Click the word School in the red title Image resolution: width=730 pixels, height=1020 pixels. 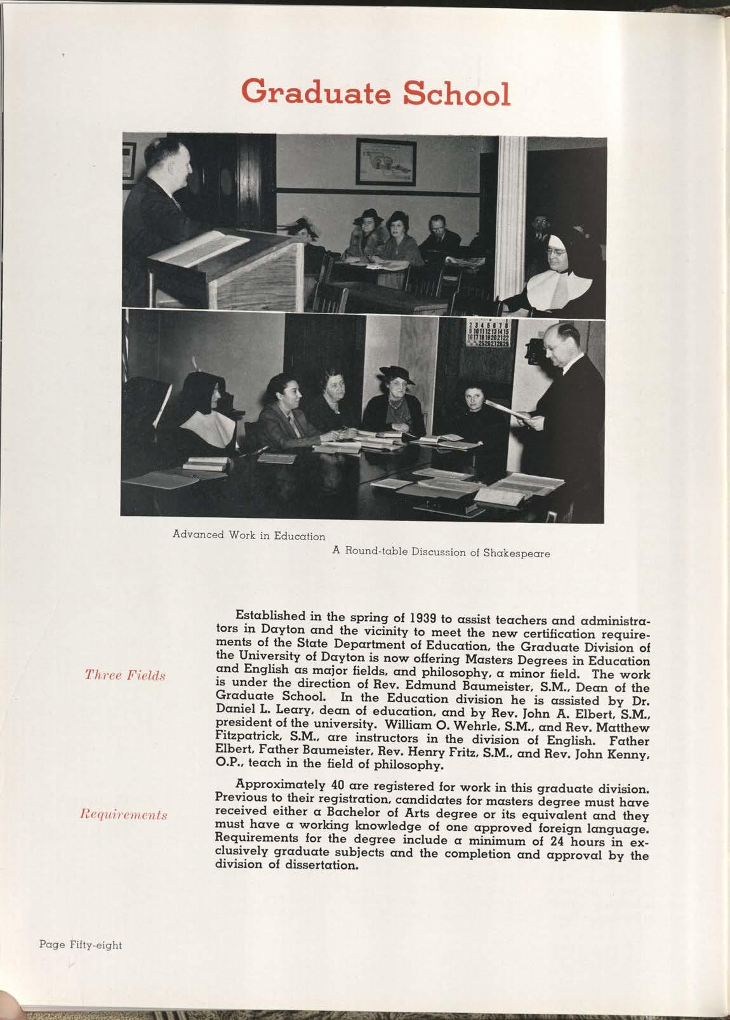click(456, 94)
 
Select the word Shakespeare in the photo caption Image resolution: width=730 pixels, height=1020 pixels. click(516, 552)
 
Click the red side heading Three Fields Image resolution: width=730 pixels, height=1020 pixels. click(125, 675)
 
